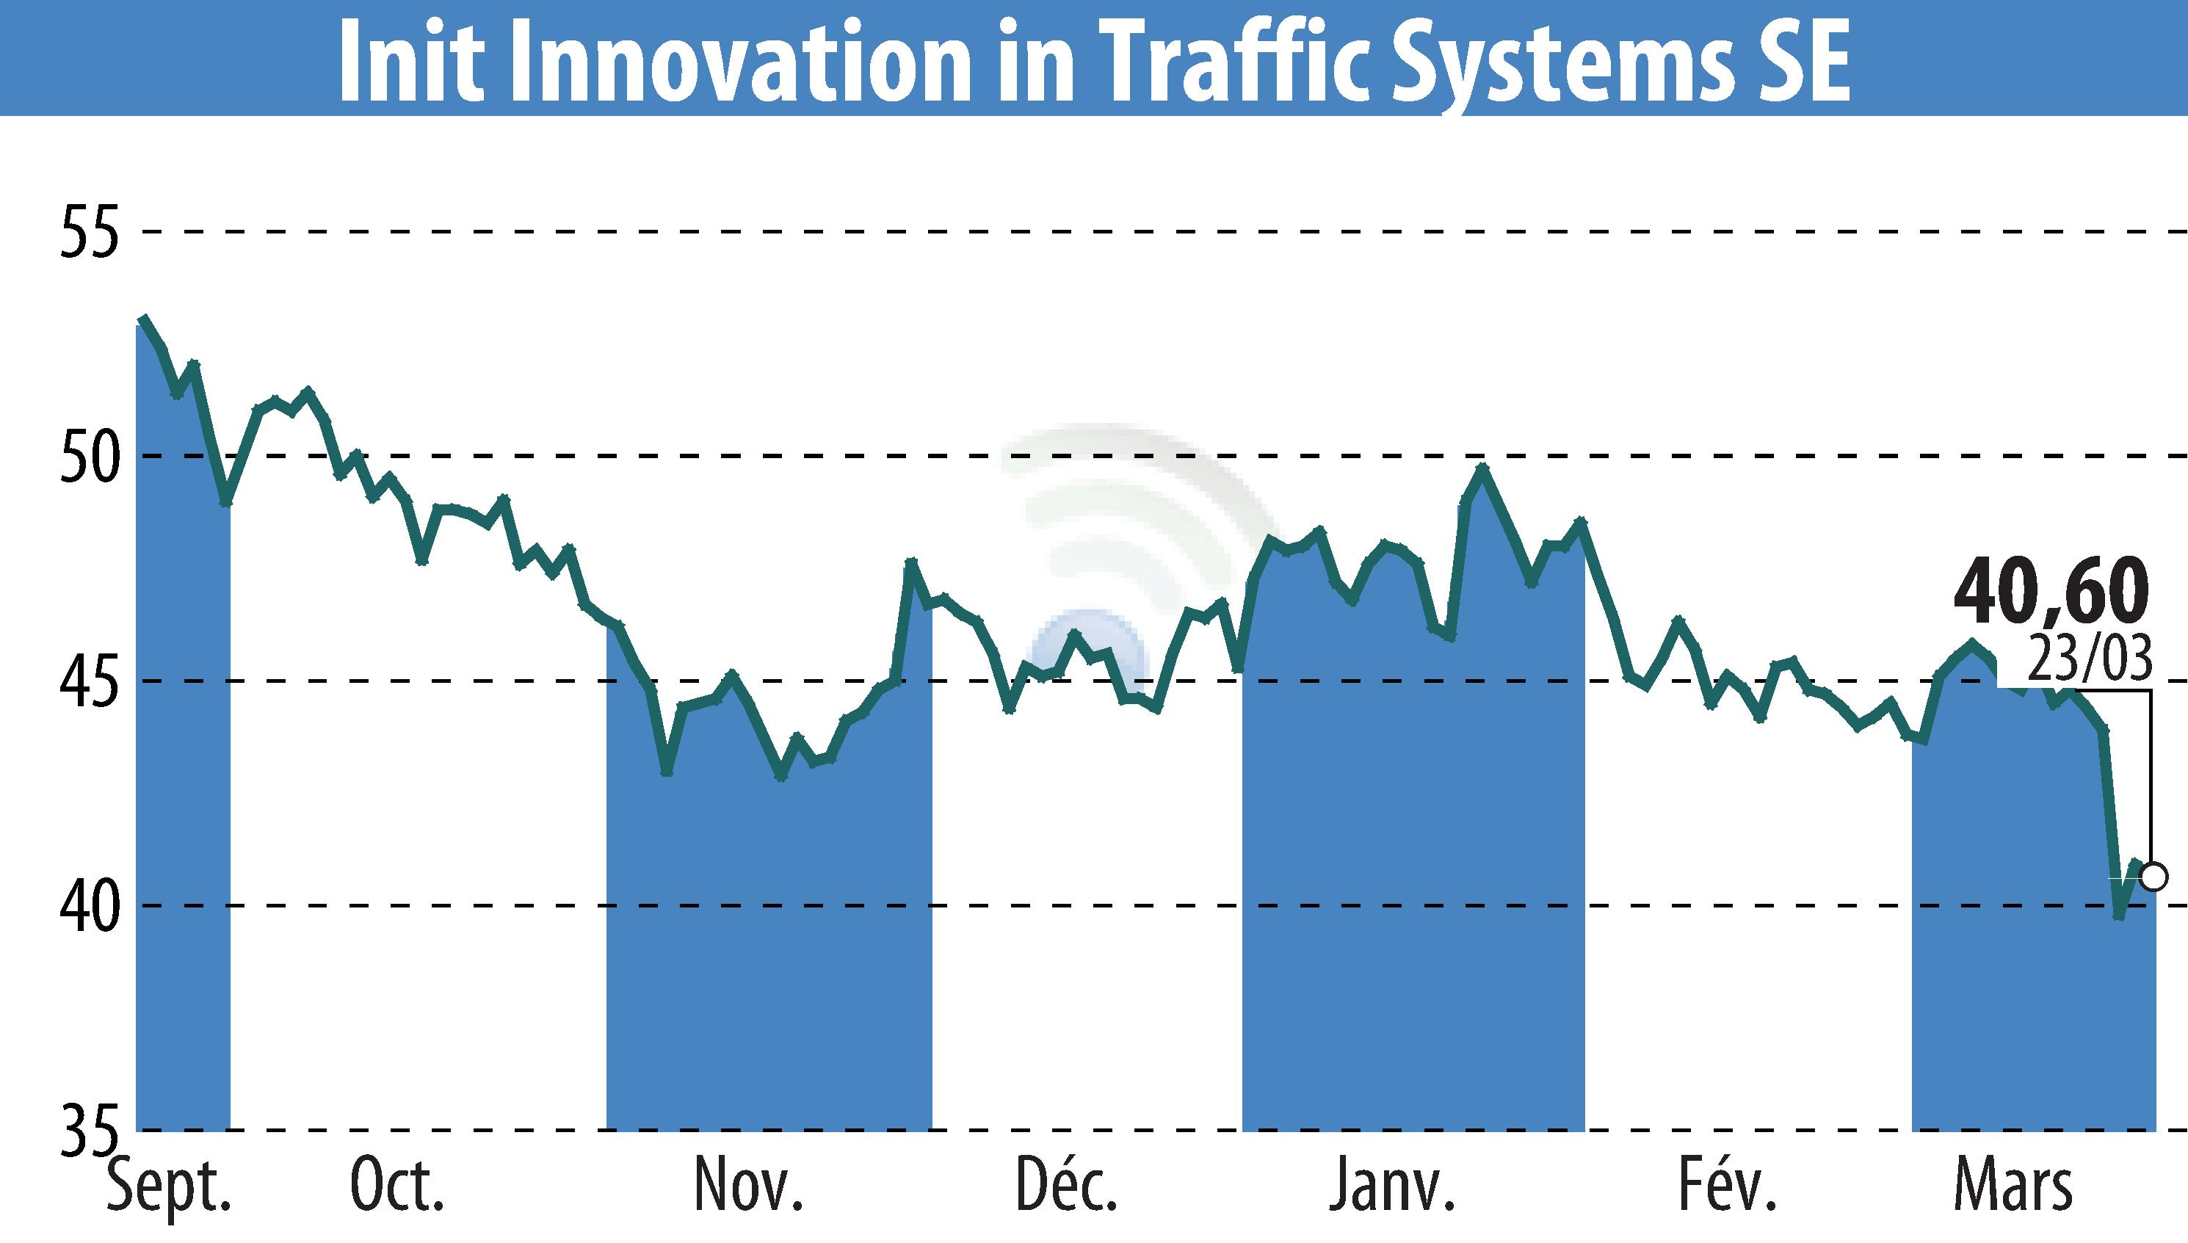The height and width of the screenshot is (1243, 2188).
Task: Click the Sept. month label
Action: click(170, 1187)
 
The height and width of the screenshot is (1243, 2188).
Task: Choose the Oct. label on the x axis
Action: click(398, 1187)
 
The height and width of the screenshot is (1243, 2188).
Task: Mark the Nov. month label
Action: click(749, 1187)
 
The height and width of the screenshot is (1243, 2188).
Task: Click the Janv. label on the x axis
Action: click(1392, 1187)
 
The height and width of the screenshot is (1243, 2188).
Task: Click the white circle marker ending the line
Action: click(2153, 877)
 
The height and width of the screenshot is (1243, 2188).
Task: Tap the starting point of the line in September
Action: click(143, 319)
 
